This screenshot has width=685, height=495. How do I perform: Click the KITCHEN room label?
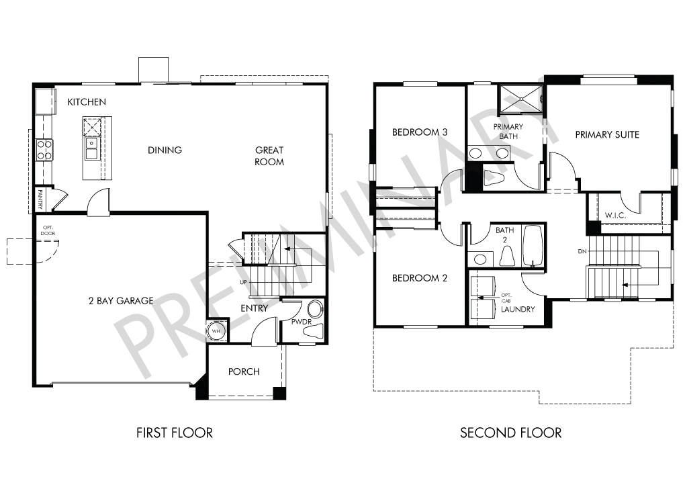tap(87, 102)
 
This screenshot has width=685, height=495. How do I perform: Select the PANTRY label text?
tap(40, 199)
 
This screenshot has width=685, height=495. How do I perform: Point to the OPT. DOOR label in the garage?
tap(48, 230)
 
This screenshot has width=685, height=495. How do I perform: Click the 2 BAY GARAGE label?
tap(121, 301)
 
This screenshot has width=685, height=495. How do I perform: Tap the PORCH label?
tap(244, 371)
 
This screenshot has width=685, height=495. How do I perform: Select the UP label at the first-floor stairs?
tap(243, 282)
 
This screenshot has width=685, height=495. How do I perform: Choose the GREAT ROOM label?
tap(269, 156)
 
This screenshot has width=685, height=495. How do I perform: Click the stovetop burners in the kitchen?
tap(44, 150)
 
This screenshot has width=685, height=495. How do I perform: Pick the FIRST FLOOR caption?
tap(175, 433)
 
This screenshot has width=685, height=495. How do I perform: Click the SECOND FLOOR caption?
tap(510, 433)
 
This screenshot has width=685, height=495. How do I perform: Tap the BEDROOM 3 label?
tap(419, 132)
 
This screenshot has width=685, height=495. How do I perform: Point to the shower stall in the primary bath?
tap(520, 99)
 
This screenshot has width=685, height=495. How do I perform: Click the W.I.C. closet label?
tap(615, 216)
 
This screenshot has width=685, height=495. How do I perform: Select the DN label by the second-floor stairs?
tap(582, 251)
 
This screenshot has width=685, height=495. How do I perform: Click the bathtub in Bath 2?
tap(533, 246)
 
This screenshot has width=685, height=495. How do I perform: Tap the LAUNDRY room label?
tap(518, 310)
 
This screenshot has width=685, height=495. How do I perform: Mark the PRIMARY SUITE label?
tap(607, 134)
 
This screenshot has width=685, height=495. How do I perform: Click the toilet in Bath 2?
tap(507, 256)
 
